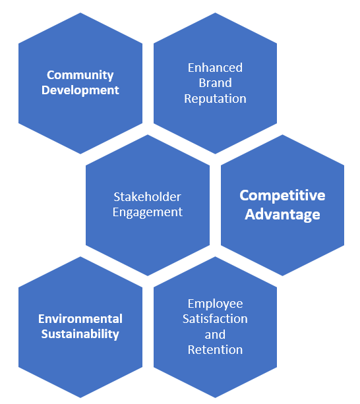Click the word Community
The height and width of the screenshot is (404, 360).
[80, 75]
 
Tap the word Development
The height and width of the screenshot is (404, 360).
[80, 90]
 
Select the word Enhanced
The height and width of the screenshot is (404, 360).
[215, 68]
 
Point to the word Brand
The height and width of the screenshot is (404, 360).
[215, 83]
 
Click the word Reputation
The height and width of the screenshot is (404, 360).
[215, 99]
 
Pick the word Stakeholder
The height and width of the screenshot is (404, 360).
[148, 197]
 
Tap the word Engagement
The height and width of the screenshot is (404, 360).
[148, 212]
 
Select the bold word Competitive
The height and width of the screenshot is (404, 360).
[282, 196]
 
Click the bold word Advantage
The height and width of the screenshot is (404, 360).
[282, 214]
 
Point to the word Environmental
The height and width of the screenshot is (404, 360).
[80, 319]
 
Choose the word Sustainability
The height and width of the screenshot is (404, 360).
[80, 334]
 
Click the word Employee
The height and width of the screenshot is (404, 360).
[215, 304]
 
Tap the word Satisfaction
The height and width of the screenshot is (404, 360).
[215, 319]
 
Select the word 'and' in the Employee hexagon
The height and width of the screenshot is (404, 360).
[215, 335]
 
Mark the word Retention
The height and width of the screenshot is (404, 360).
[215, 350]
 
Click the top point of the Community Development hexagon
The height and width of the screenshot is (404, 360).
[80, 13]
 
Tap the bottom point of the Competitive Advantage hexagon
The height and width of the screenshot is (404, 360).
[282, 276]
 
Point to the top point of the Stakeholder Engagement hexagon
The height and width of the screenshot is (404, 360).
[148, 134]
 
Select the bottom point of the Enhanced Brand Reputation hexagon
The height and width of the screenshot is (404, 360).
[215, 154]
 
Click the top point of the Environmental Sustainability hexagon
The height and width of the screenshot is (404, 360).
[80, 256]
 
